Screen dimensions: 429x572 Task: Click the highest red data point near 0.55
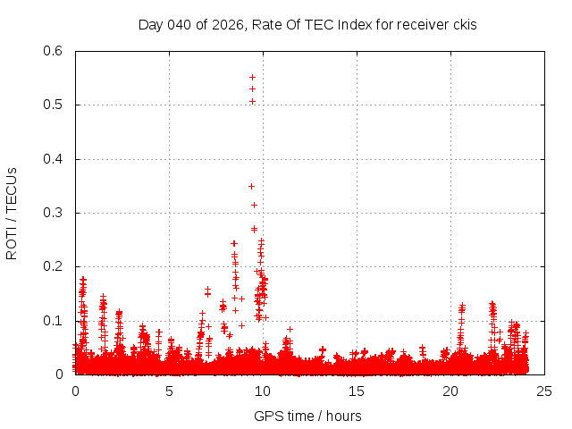point(252,78)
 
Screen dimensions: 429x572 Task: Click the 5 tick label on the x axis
point(169,391)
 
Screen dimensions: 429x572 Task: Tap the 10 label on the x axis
point(263,391)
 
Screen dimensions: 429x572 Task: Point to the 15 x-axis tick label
point(357,391)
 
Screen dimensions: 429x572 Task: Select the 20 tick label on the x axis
point(450,391)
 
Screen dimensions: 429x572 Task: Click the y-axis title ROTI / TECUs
point(13,213)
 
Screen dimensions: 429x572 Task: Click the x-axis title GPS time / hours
point(307,416)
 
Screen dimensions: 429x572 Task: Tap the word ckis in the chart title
point(463,24)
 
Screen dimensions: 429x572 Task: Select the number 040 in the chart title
point(182,24)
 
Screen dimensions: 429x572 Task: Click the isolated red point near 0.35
point(251,186)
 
